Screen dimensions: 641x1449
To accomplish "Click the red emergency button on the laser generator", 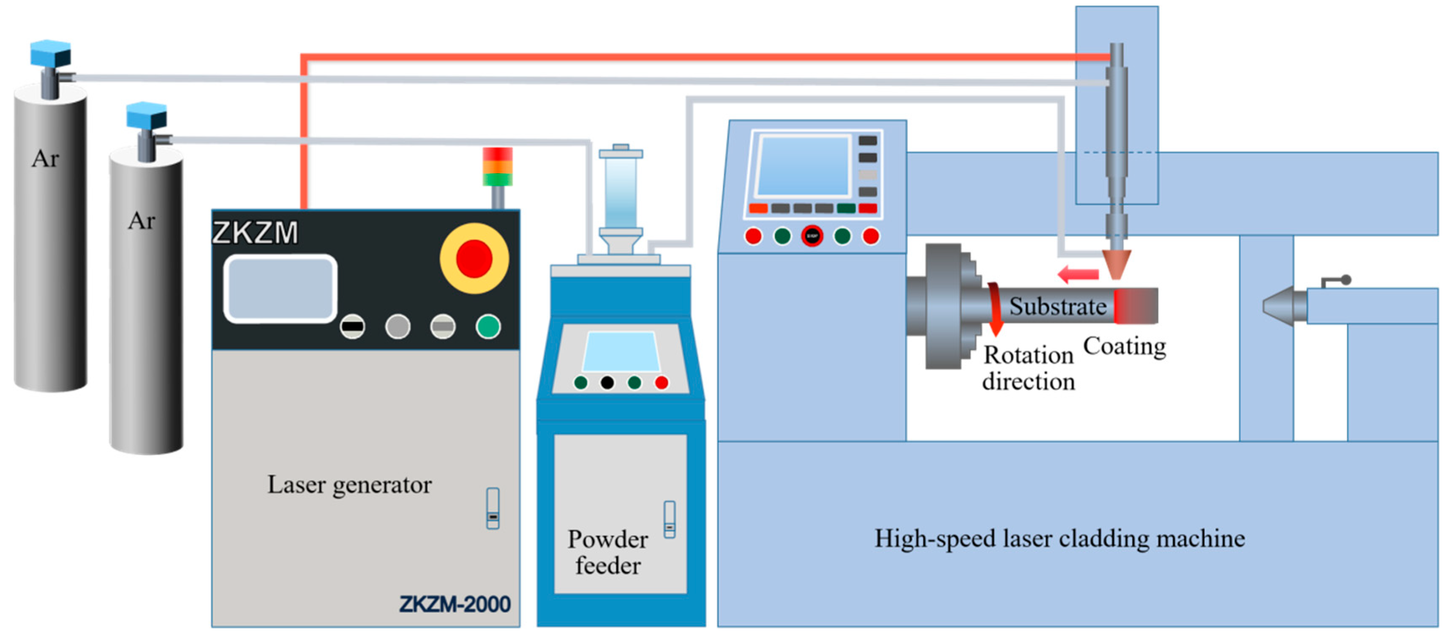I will pos(474,259).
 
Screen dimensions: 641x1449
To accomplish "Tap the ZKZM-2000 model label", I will pos(455,604).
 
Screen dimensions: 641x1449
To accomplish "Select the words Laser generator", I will pos(349,485).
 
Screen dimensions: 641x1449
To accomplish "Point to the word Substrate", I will pos(1057,307).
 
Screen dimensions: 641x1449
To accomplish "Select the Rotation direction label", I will pos(1029,368).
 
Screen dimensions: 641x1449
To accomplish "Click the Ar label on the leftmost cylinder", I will pos(45,159).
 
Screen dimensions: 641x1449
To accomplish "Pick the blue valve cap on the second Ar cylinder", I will pos(146,115).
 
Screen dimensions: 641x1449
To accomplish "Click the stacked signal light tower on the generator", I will pos(498,167).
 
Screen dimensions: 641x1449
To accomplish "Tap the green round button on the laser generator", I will pos(488,326).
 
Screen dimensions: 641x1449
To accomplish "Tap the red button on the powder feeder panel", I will pos(662,383).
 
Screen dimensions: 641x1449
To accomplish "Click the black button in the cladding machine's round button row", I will pos(812,236).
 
